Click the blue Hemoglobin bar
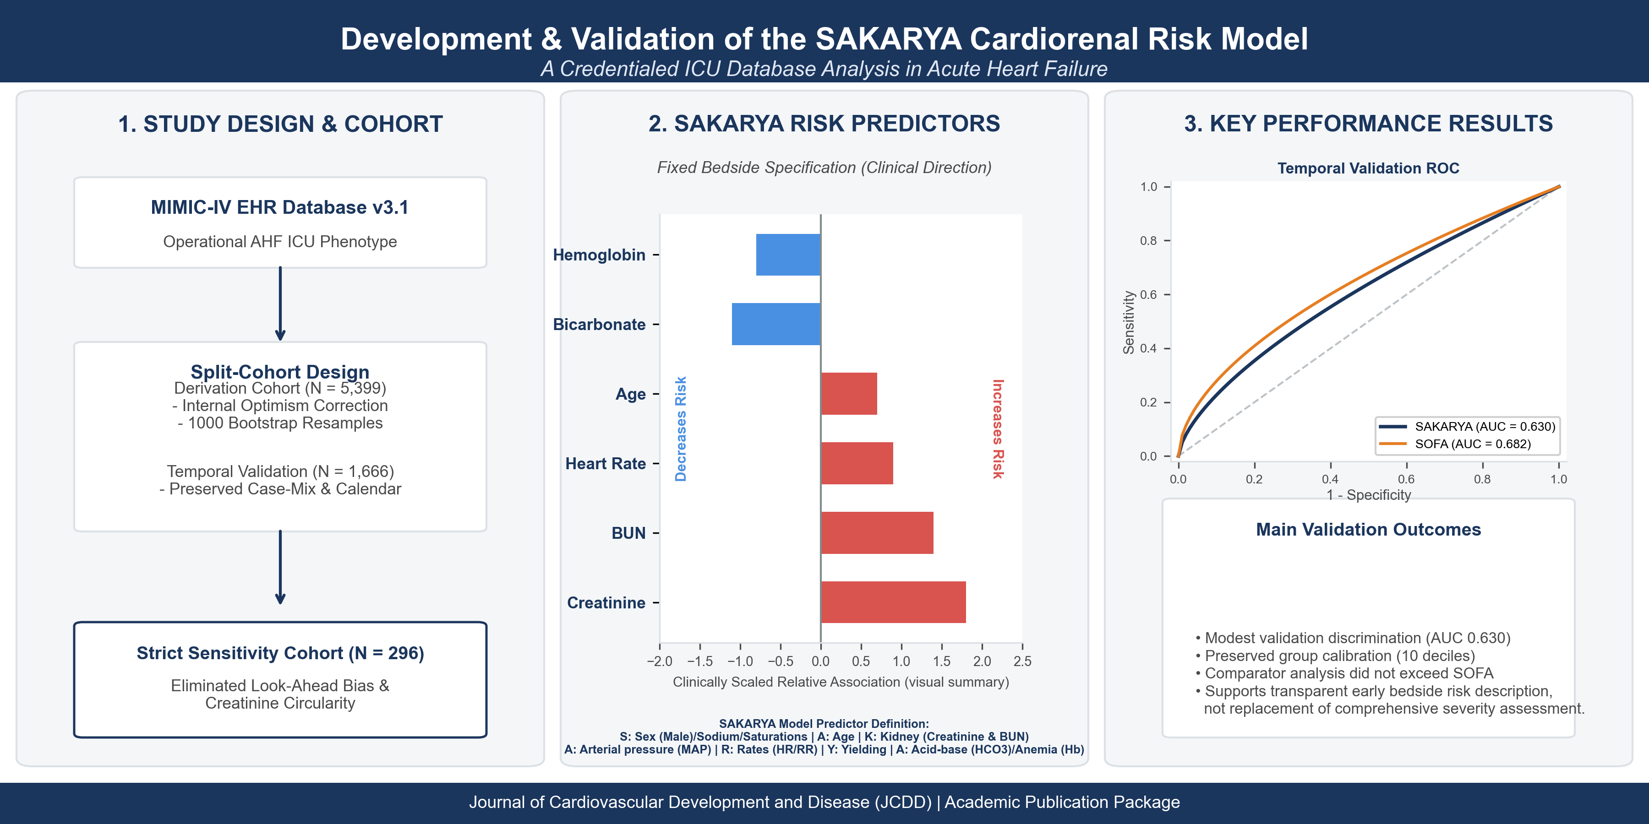tap(788, 255)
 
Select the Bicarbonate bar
tap(776, 325)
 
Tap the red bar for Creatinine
tap(893, 602)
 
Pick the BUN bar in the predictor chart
tap(877, 533)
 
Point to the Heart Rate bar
tap(857, 463)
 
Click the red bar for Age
tap(849, 393)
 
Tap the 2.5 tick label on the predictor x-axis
tap(1022, 661)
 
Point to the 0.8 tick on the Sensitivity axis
tap(1149, 240)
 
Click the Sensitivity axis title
tap(1129, 322)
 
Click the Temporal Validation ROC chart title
tap(1369, 168)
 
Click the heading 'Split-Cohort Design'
tap(280, 372)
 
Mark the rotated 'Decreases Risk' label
tap(681, 428)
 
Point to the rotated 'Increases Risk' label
tap(998, 428)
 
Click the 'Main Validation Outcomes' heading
tap(1369, 530)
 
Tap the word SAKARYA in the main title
tap(889, 38)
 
